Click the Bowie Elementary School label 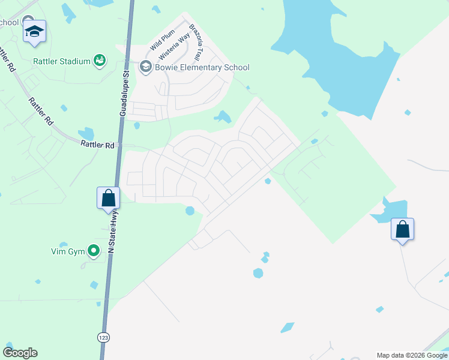click(x=202, y=67)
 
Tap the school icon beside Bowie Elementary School click(x=145, y=67)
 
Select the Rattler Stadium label click(x=62, y=61)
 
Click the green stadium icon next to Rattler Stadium click(x=100, y=61)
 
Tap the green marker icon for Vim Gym click(x=93, y=250)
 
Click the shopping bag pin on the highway click(x=109, y=197)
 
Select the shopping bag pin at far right click(x=402, y=229)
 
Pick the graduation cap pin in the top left click(x=34, y=31)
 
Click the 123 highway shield click(x=103, y=337)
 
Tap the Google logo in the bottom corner click(x=20, y=353)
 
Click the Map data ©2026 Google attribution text click(x=412, y=355)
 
